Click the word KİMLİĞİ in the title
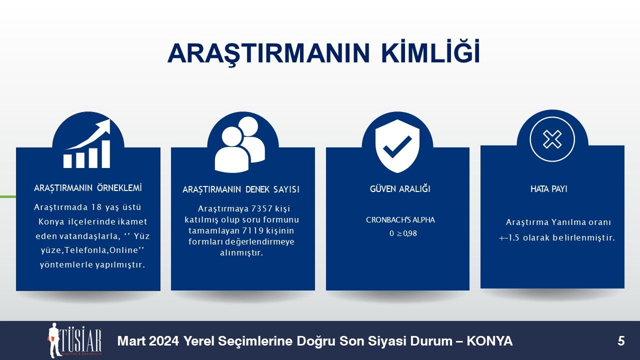coord(430,52)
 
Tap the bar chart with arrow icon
coord(87,143)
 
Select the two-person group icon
coord(240,144)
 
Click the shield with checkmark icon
coord(397,146)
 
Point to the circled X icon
coord(552,139)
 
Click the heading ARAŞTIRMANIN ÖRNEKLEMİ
coord(88,188)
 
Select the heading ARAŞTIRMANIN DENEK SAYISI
coord(241,189)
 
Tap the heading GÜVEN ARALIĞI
coord(400,188)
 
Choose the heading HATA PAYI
coord(549,189)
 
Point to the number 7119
coord(253,230)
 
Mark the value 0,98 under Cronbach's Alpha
coord(410,233)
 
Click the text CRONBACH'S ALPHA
coord(400,219)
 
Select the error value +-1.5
coord(509,237)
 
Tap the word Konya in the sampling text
coord(51,221)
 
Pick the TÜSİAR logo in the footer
coord(74,339)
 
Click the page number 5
coord(621,341)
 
